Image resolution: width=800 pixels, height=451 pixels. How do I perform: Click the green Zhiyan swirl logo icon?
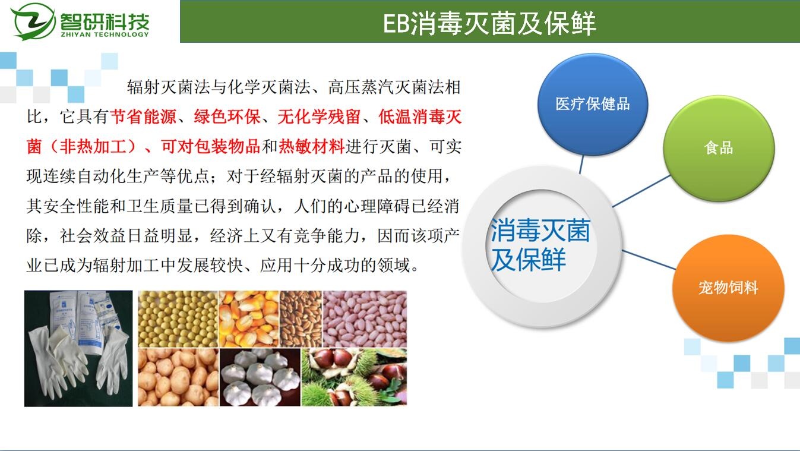pos(33,21)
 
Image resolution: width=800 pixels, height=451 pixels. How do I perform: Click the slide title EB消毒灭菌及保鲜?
pos(489,23)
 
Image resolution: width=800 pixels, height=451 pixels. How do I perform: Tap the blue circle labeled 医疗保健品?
pos(593,105)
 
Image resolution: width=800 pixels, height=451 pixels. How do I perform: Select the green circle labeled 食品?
pos(719,148)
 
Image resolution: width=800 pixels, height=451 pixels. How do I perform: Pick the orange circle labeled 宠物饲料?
pos(728,288)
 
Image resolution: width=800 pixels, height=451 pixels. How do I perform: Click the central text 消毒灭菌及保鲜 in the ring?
pos(540,245)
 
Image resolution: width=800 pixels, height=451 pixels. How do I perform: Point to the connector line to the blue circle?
pos(581,165)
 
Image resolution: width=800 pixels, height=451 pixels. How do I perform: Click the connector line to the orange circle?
pos(649,260)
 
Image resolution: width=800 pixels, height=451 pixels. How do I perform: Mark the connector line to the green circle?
pos(641,191)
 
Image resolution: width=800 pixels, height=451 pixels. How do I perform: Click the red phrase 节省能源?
pos(143,117)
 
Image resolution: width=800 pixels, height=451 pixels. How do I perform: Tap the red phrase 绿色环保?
pos(227,117)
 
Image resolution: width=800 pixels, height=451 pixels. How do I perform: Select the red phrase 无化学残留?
pos(318,117)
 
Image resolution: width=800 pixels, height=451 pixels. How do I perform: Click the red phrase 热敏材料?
pos(311,147)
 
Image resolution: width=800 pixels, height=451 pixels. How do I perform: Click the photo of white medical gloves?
pos(78,348)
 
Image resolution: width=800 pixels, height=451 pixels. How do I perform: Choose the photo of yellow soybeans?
pos(178,318)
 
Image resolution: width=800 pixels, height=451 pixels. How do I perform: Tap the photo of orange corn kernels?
pos(249,318)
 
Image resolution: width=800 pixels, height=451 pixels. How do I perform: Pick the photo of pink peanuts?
pos(365,318)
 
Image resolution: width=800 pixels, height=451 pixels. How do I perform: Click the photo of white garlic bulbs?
pos(260,377)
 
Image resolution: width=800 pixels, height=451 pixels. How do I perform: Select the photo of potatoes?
pos(178,377)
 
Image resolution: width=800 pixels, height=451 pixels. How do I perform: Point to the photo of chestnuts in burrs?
pos(355,377)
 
